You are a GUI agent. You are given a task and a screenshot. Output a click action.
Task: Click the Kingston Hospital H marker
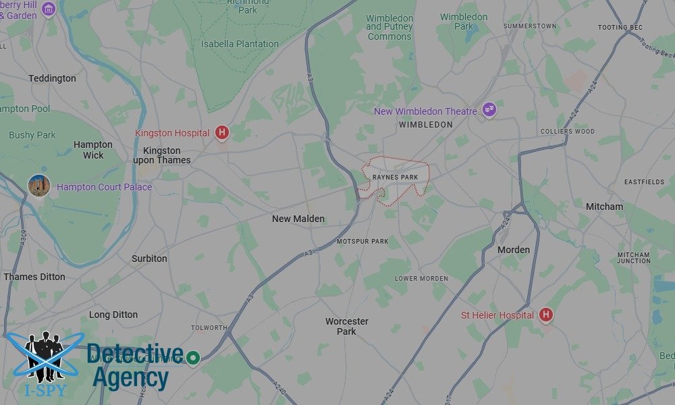tap(221, 133)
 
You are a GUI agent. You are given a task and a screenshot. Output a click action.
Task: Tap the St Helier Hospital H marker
tap(546, 315)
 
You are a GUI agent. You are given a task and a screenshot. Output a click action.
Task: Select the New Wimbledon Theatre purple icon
tap(489, 110)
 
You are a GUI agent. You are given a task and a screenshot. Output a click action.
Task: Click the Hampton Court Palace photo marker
tap(38, 186)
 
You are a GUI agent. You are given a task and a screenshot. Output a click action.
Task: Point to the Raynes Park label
tap(396, 178)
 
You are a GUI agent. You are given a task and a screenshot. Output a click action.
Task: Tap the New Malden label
tap(298, 219)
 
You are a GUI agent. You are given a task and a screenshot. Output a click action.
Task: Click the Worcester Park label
tap(346, 326)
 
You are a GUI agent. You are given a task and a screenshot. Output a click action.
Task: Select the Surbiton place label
tap(149, 259)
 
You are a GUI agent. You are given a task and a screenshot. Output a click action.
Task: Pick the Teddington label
tap(52, 78)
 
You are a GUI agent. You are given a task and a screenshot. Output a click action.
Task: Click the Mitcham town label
tap(604, 207)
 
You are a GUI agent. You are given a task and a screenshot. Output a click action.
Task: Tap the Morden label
tap(514, 250)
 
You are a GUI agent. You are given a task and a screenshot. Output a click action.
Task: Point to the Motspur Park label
tap(362, 241)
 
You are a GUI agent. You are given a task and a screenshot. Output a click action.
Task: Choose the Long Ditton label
tap(113, 315)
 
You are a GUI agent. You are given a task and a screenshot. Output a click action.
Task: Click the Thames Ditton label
tap(34, 277)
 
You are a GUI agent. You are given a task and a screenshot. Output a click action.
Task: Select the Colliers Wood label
tap(568, 132)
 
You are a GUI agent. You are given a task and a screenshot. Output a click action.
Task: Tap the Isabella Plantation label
tap(240, 44)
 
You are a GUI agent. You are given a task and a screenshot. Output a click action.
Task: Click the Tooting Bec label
tap(620, 28)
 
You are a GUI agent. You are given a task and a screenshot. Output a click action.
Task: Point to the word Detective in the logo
tap(135, 354)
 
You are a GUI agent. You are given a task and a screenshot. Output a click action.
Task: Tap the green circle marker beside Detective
tap(194, 357)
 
